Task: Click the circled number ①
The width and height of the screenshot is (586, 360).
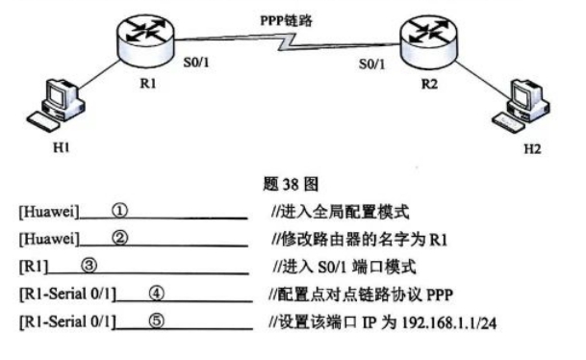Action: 120,208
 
